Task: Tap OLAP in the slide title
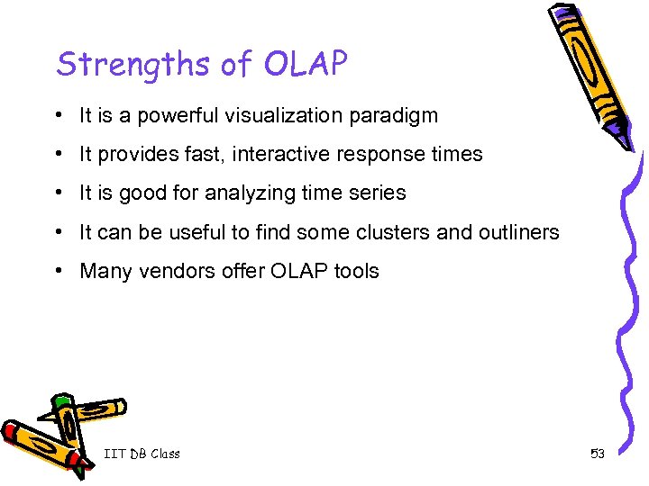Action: point(306,64)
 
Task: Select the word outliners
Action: point(520,232)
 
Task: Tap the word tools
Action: point(356,271)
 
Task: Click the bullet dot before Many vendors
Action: point(57,271)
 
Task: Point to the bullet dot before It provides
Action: point(57,154)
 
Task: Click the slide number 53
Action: point(597,454)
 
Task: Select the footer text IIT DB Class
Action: point(142,454)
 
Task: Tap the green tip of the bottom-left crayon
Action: point(61,400)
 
